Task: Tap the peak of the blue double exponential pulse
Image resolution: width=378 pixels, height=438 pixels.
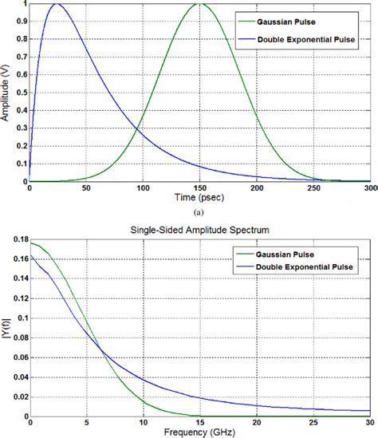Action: [57, 4]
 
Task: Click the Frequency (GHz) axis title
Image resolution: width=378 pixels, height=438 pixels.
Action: [200, 432]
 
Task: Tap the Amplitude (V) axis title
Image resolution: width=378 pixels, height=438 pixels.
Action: [6, 92]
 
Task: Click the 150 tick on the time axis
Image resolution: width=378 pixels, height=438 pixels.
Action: [200, 188]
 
